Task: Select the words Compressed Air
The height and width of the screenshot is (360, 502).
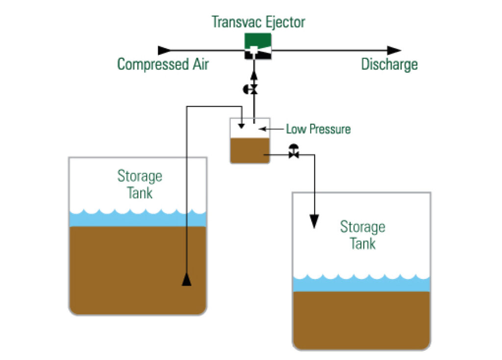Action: (163, 65)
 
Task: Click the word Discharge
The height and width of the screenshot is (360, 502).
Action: (389, 65)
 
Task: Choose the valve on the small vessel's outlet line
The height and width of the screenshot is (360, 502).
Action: (294, 153)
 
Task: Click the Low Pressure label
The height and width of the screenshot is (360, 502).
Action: (319, 129)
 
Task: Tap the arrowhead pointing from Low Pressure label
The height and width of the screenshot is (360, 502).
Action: (262, 129)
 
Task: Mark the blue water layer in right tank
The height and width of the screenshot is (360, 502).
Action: (361, 284)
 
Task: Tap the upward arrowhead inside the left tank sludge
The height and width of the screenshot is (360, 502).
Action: (187, 280)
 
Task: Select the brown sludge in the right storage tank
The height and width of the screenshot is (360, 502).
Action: (361, 319)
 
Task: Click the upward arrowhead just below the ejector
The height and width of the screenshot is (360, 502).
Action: (253, 75)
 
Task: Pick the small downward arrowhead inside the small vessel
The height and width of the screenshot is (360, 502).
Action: (241, 127)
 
